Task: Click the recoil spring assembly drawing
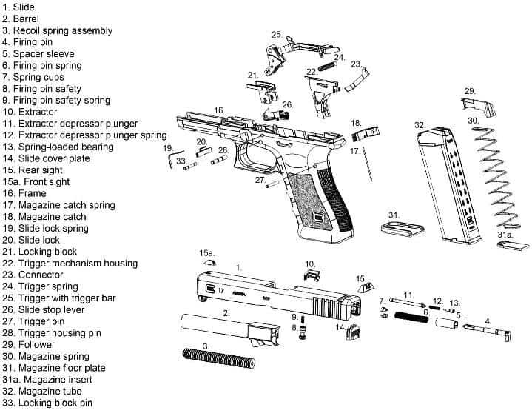[219, 358]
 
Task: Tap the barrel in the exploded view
[229, 329]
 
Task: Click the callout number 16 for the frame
[219, 110]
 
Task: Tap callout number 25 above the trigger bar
[277, 35]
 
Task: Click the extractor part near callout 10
[312, 275]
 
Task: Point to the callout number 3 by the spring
[206, 346]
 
